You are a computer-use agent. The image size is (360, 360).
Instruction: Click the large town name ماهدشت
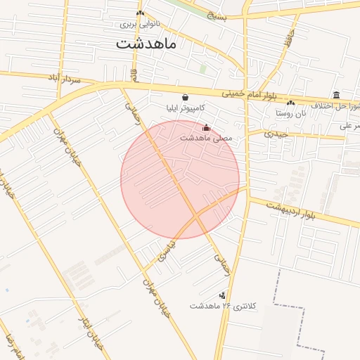[x=146, y=43]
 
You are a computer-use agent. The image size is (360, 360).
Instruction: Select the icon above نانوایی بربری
[x=140, y=13]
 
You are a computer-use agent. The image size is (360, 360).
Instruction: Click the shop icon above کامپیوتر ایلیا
[x=185, y=98]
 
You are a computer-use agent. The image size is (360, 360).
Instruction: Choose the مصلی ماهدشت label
[x=205, y=138]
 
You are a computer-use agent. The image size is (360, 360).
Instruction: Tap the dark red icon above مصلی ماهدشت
[x=206, y=128]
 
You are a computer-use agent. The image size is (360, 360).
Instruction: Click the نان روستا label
[x=291, y=112]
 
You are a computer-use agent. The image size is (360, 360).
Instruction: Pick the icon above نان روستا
[x=290, y=103]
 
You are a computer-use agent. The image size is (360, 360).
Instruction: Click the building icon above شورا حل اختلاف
[x=337, y=95]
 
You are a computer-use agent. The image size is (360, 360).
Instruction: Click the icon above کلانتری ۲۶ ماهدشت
[x=223, y=295]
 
